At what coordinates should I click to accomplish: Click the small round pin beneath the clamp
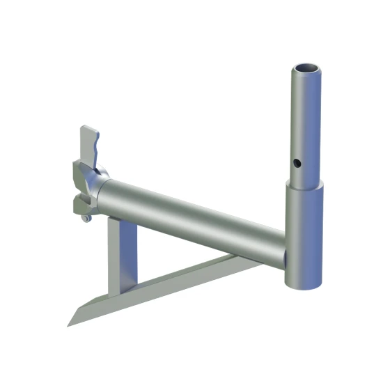click(86, 219)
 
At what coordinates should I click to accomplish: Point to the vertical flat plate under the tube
click(123, 254)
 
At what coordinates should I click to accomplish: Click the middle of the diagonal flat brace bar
click(174, 285)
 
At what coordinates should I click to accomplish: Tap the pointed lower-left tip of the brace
click(70, 325)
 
